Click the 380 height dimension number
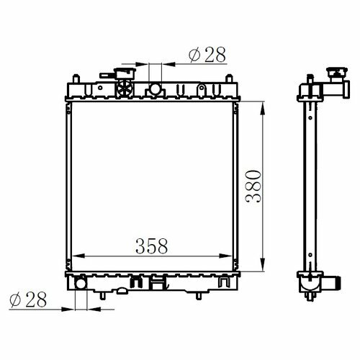point(253,186)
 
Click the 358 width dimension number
point(151,246)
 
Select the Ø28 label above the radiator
point(207,55)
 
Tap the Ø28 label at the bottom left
point(28,300)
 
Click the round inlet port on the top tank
point(155,89)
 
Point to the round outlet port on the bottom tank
point(81,283)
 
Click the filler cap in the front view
point(125,73)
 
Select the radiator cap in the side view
point(337,73)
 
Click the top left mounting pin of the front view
point(76,78)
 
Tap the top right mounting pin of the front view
point(229,78)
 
